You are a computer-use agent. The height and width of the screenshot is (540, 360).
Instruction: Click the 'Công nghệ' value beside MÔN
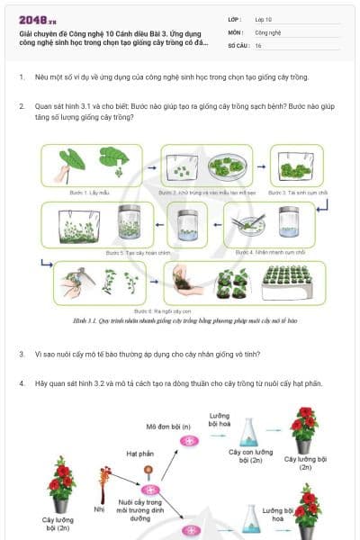tap(269, 31)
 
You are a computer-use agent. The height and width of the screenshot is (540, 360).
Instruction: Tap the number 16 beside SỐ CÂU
tap(258, 45)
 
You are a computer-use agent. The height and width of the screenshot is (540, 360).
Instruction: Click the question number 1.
tap(22, 77)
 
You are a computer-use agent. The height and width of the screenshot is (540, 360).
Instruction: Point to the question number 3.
tap(22, 354)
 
